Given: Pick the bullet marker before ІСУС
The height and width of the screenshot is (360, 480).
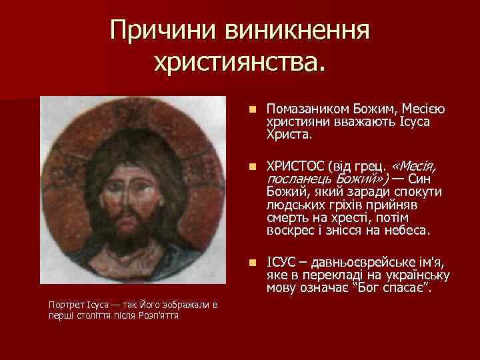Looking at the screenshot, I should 251,263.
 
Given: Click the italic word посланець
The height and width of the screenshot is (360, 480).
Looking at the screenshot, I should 296,179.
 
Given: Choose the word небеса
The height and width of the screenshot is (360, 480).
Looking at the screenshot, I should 409,231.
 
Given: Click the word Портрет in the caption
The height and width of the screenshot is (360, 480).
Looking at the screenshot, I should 65,305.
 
